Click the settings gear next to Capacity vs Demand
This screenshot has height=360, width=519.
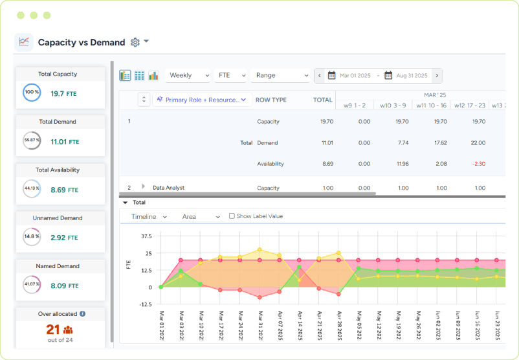[x=135, y=42]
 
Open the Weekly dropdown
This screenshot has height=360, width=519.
[x=187, y=76]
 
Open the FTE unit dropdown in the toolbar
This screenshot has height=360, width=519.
[x=230, y=76]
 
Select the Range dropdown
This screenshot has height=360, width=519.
[x=280, y=76]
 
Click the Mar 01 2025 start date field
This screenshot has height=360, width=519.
[x=350, y=76]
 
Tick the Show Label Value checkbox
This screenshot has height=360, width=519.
[x=232, y=216]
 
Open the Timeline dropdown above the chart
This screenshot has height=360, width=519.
[x=149, y=217]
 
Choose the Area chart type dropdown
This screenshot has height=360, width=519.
[x=201, y=217]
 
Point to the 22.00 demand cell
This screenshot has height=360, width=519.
[x=478, y=143]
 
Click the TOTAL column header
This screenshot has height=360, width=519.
[x=322, y=100]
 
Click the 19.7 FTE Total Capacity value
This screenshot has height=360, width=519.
[x=63, y=94]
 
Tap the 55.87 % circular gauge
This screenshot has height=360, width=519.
[x=32, y=141]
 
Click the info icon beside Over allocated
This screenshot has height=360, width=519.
[x=83, y=314]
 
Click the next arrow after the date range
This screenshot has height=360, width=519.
[x=437, y=76]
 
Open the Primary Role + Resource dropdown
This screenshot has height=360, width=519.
[x=201, y=100]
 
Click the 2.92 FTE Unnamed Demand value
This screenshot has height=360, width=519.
[x=63, y=238]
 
